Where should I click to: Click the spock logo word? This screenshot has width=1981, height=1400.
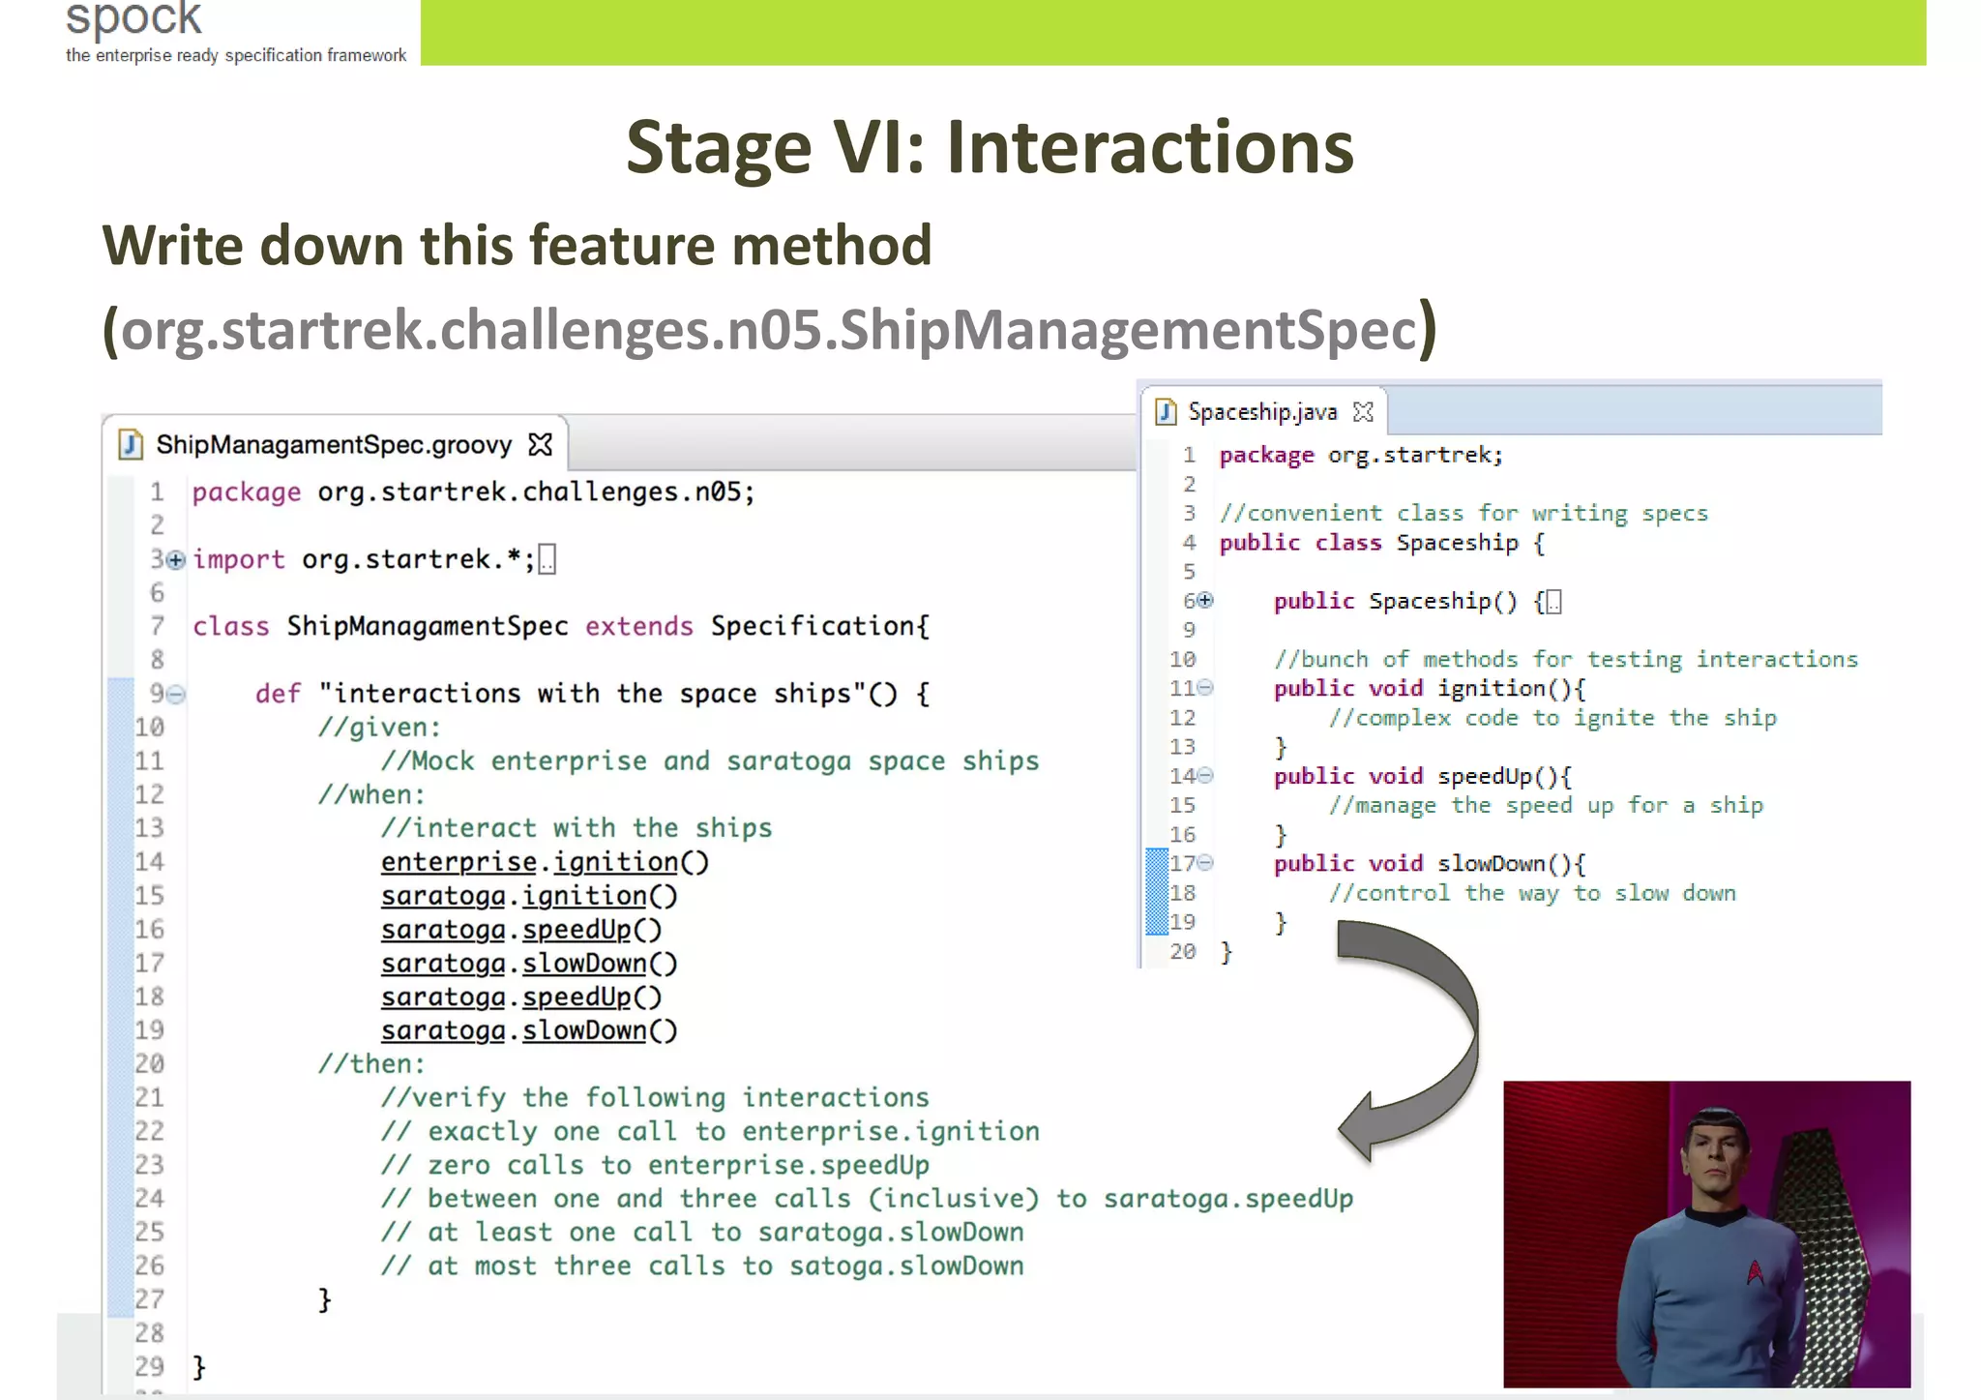point(133,17)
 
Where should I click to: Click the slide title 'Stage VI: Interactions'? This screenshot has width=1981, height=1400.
point(990,147)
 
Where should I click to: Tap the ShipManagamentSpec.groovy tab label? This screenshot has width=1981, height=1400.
point(334,445)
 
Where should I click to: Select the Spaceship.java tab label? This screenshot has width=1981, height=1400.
point(1262,412)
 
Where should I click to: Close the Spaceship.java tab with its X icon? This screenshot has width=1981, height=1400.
point(1363,412)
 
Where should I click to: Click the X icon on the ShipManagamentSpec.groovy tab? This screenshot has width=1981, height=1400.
point(541,445)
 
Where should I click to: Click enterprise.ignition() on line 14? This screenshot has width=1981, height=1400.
point(545,862)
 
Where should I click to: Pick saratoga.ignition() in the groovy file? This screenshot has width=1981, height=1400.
point(529,896)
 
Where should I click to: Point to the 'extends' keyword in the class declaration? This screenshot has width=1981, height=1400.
point(638,627)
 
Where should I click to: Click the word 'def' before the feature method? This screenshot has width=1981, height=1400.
point(279,694)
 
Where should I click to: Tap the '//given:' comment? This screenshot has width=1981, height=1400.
point(379,728)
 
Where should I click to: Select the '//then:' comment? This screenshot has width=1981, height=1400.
point(371,1064)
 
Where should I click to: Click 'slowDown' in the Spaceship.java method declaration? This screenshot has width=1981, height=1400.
point(1491,864)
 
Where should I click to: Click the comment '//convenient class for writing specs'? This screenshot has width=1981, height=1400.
point(1463,514)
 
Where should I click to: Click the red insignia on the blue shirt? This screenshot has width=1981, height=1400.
point(1755,1271)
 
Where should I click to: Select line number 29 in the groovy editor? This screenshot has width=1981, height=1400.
point(149,1367)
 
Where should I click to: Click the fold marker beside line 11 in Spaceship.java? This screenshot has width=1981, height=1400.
point(1205,688)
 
